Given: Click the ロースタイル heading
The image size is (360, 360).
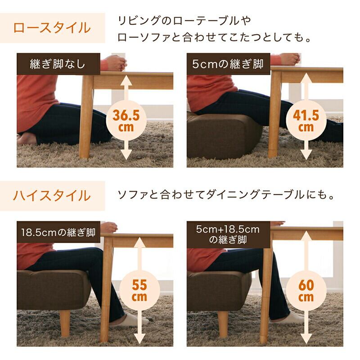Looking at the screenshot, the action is (52, 28).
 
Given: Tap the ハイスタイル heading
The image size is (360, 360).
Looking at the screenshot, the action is (52, 196).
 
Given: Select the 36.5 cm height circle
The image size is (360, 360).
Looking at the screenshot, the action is (126, 121).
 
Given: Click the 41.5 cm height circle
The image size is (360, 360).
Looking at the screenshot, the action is (306, 121).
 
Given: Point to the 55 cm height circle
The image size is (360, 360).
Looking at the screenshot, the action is (139, 290).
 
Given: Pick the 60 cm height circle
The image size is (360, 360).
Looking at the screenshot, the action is (306, 290).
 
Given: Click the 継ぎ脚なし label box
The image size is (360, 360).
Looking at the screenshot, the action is (58, 64).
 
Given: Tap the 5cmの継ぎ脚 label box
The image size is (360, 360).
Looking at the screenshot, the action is (229, 64).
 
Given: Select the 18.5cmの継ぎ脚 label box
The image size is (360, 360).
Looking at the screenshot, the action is (58, 232).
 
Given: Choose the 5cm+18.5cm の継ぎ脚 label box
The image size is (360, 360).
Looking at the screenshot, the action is (229, 234).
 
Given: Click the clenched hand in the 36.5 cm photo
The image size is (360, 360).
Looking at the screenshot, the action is (116, 63).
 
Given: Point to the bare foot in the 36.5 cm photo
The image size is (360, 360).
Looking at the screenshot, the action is (27, 139).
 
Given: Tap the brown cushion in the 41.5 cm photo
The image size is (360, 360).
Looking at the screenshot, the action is (224, 135).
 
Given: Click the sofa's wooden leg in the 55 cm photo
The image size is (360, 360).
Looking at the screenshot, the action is (65, 323).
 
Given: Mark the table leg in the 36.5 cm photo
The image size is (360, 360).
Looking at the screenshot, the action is (86, 117).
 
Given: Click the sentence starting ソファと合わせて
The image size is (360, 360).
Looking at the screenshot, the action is (226, 195).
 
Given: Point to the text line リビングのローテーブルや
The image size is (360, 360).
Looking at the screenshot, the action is (184, 21).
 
